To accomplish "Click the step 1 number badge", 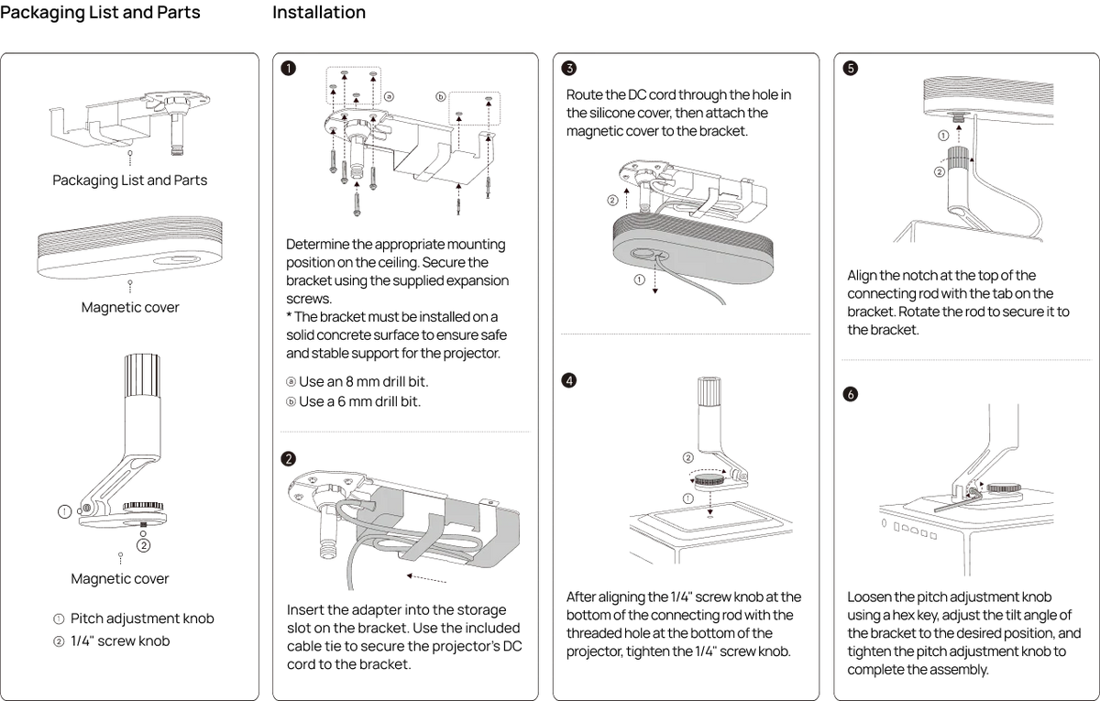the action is point(288,68).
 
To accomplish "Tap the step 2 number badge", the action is point(288,459).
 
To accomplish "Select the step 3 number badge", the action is point(569,68).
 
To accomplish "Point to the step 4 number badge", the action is point(569,380).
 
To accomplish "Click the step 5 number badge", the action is point(851,68).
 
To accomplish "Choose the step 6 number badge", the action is point(851,394).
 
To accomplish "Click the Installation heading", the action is point(319,12).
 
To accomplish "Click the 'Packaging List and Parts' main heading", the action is point(100,12).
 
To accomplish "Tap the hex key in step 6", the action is point(958,503).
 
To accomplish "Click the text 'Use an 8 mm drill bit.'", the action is point(363,381).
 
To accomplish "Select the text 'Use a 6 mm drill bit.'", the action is point(359,401).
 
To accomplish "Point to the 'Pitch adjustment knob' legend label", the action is point(142,619).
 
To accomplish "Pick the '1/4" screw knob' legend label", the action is point(120,641).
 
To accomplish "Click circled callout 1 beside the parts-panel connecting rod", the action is point(64,511).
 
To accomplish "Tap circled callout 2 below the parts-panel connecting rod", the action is point(143,545).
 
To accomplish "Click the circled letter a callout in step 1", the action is point(389,97).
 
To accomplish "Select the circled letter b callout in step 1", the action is point(441,97).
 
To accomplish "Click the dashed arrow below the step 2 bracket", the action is point(426,578).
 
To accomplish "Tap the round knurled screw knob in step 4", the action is point(709,478).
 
